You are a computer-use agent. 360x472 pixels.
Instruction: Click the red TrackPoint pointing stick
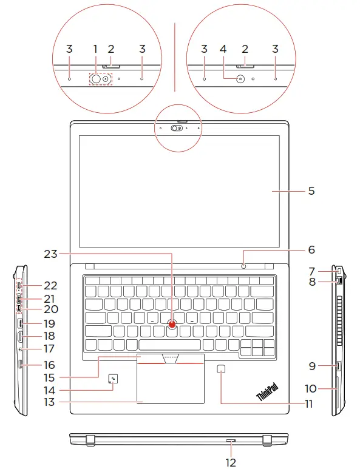pyautogui.click(x=173, y=324)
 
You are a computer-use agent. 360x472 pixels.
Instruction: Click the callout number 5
pyautogui.click(x=311, y=190)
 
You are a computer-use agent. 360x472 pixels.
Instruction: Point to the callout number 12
pyautogui.click(x=231, y=462)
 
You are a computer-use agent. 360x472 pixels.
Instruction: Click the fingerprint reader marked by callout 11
pyautogui.click(x=222, y=369)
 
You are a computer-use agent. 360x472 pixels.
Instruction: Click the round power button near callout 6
pyautogui.click(x=244, y=265)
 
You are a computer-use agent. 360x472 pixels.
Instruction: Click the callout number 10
pyautogui.click(x=311, y=388)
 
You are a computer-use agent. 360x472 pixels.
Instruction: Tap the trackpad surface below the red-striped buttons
pyautogui.click(x=171, y=385)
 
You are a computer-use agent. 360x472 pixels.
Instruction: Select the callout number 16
pyautogui.click(x=49, y=365)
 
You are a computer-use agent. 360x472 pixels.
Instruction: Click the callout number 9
pyautogui.click(x=311, y=365)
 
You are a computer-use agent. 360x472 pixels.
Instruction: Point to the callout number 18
pyautogui.click(x=49, y=336)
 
